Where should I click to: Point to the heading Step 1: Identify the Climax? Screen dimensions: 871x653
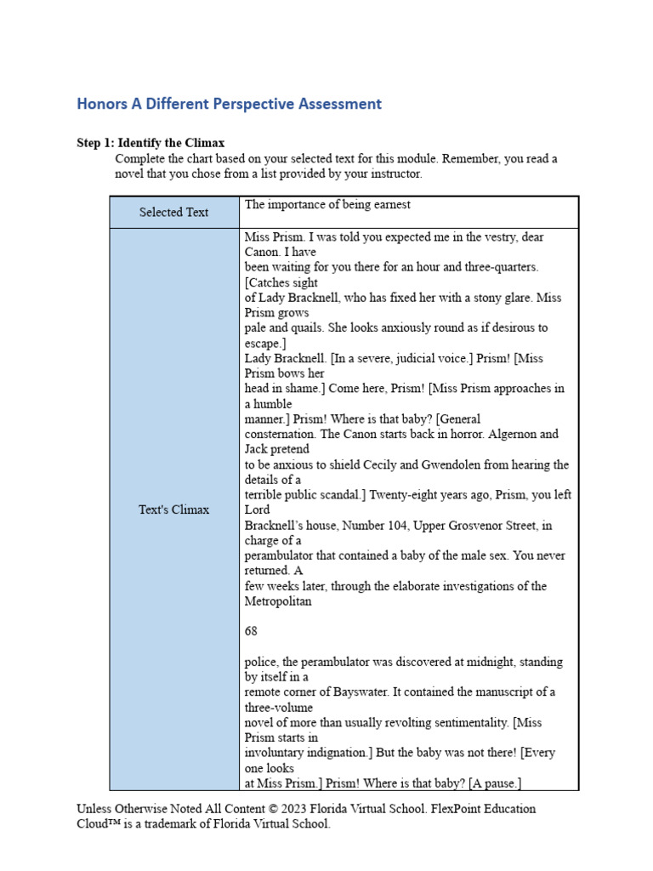pyautogui.click(x=150, y=143)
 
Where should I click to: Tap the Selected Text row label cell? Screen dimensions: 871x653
pyautogui.click(x=173, y=212)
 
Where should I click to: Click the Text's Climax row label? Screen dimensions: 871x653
pyautogui.click(x=173, y=510)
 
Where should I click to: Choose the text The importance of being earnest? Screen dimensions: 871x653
pyautogui.click(x=327, y=204)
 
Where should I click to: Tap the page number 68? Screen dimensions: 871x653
pyautogui.click(x=251, y=631)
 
